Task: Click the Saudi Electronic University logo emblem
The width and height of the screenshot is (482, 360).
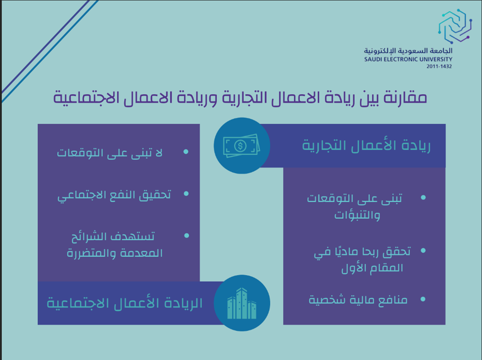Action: (455, 26)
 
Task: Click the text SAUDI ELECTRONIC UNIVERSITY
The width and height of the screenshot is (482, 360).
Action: (408, 60)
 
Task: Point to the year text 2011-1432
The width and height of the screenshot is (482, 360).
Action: (439, 66)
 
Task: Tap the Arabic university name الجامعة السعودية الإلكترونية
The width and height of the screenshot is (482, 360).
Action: (408, 51)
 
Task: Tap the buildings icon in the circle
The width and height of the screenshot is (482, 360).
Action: (241, 303)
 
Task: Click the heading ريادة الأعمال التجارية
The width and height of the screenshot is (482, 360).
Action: (366, 146)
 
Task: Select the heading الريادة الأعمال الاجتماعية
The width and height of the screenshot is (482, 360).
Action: (124, 303)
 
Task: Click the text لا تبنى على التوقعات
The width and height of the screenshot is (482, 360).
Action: (110, 152)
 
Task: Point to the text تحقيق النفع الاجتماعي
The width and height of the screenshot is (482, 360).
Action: (114, 195)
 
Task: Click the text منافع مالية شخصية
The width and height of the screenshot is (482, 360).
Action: (358, 300)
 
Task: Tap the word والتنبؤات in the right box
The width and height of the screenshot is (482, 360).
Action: (357, 215)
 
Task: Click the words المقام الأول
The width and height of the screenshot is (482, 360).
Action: (372, 268)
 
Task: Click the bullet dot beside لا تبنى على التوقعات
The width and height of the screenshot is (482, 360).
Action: (186, 151)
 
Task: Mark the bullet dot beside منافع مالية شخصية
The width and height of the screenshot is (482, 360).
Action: (423, 299)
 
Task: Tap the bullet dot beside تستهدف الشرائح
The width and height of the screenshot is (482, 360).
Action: (186, 236)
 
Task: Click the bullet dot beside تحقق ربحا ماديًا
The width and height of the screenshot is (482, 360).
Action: (423, 250)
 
